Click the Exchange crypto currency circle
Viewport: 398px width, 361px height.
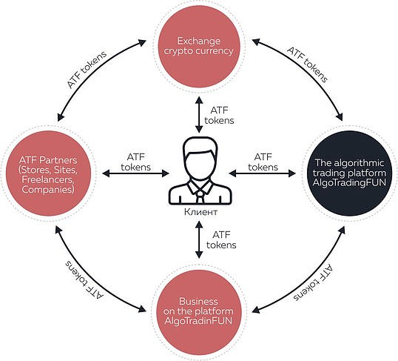199,46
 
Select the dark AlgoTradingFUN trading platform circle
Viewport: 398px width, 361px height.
349,173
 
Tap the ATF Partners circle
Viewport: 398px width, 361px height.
48,173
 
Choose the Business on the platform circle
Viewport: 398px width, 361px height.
198,311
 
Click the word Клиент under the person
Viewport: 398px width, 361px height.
200,212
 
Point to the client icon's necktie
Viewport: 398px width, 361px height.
200,196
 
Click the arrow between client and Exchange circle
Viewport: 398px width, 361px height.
199,114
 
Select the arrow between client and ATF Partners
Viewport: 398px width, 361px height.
135,173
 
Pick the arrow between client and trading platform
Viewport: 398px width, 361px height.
262,173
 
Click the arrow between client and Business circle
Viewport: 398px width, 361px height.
199,239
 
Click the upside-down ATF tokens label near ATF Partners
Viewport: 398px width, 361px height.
84,279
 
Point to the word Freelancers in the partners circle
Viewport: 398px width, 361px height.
48,179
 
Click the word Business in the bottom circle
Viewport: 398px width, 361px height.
198,302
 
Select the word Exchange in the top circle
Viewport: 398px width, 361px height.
199,41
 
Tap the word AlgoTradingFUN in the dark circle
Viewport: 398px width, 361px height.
349,182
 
